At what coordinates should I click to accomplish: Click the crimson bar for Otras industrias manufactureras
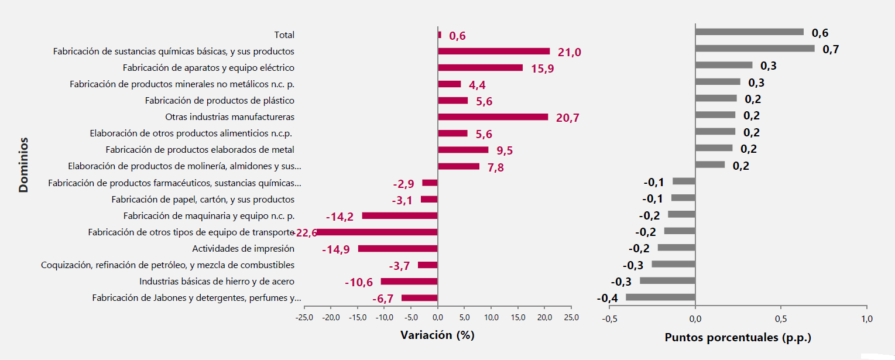click(x=493, y=117)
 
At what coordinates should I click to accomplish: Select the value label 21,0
click(x=569, y=53)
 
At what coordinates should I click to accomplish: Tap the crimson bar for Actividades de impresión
click(x=397, y=249)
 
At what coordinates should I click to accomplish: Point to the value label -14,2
click(x=340, y=217)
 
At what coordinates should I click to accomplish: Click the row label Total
click(x=284, y=35)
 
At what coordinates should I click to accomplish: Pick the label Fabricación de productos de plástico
click(x=220, y=101)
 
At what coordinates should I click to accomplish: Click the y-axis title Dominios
click(x=23, y=165)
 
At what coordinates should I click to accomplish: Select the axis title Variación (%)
click(x=437, y=335)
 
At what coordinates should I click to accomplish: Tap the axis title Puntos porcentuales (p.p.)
click(x=738, y=338)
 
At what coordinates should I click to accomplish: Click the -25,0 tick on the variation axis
click(x=304, y=318)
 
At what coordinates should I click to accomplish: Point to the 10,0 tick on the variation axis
click(x=491, y=318)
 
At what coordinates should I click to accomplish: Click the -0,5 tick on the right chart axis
click(x=609, y=319)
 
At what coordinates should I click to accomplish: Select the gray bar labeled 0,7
click(x=755, y=49)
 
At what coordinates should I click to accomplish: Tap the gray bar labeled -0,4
click(x=660, y=297)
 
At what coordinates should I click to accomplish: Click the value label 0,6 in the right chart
click(x=819, y=33)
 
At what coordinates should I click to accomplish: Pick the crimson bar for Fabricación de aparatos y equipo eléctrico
click(x=480, y=68)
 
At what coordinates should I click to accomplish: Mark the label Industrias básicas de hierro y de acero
click(x=217, y=282)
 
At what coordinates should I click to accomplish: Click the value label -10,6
click(x=359, y=283)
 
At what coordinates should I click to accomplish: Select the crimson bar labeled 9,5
click(x=463, y=150)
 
